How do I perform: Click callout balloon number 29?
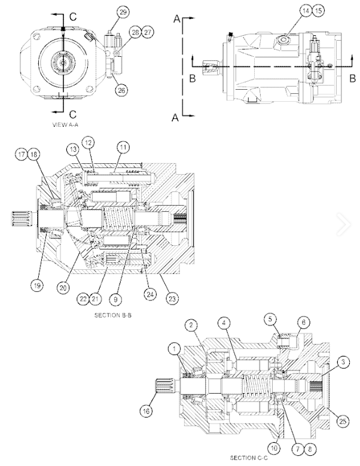pos(123,12)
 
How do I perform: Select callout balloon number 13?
pos(73,148)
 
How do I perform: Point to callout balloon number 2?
pos(191,325)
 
